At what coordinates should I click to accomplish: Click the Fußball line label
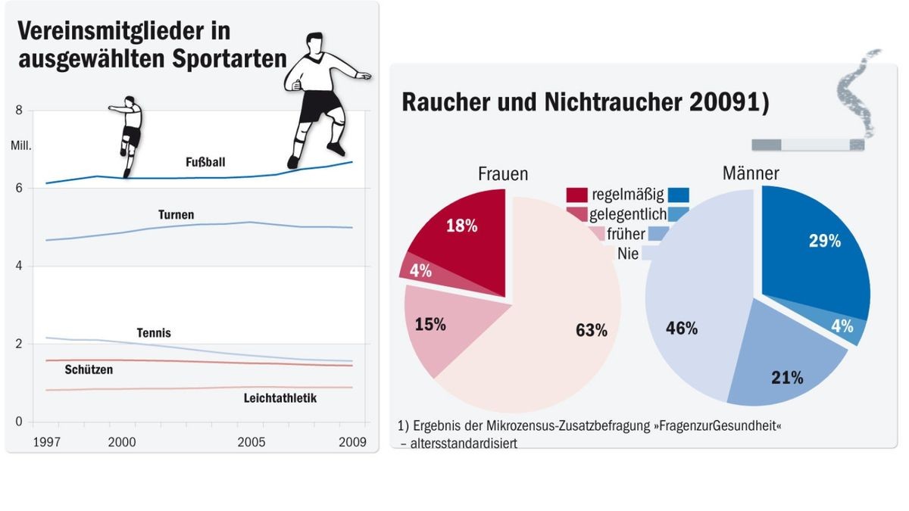[205, 162]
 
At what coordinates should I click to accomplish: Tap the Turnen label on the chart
[176, 215]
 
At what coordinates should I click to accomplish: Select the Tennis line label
[154, 333]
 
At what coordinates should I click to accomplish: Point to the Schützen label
[89, 370]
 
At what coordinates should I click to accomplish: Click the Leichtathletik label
[280, 397]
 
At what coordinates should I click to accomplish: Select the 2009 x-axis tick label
[352, 442]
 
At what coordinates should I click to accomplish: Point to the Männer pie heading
[750, 174]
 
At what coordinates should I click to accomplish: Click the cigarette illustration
[807, 144]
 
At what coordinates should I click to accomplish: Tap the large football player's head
[316, 45]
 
